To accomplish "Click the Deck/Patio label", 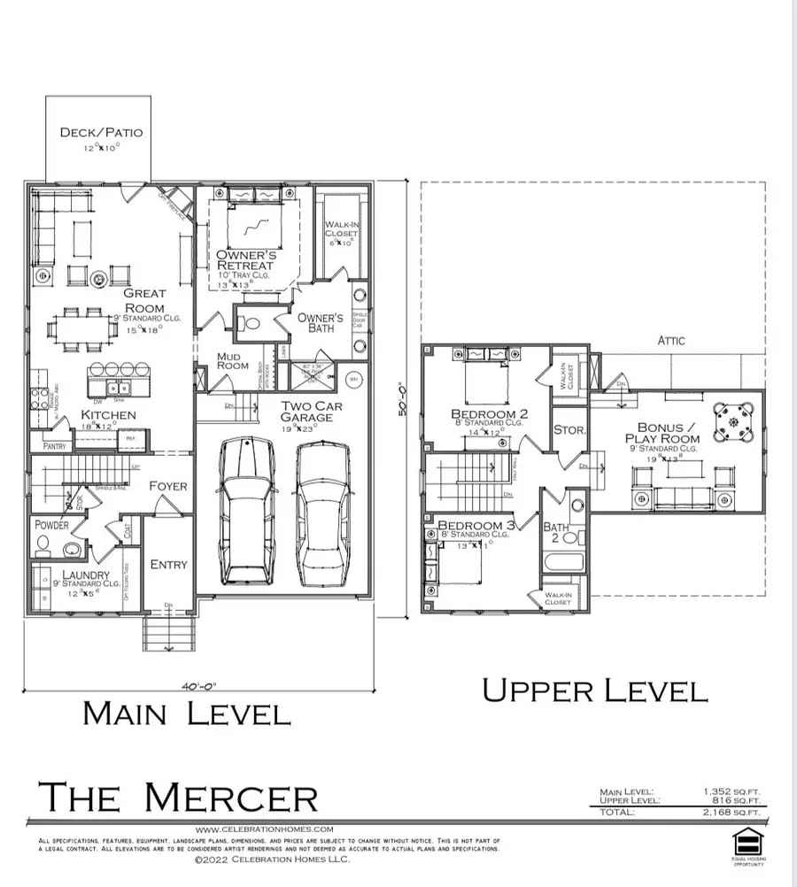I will (x=100, y=134).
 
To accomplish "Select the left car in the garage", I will (x=250, y=509).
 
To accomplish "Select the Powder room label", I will (x=51, y=525).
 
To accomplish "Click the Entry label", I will (x=168, y=565).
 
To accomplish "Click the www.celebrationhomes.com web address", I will (x=263, y=829).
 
